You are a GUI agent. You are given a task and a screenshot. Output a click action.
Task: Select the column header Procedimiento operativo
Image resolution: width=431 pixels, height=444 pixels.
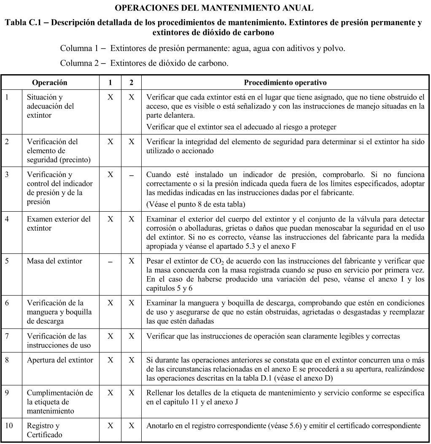pos(285,83)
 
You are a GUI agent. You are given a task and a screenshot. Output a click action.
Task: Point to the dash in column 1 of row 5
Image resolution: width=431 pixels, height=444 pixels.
pos(110,262)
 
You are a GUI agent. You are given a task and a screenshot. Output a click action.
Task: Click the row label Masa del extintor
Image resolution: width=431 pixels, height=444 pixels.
pos(54,261)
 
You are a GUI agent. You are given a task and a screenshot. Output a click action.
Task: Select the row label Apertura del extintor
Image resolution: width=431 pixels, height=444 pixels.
pos(60,360)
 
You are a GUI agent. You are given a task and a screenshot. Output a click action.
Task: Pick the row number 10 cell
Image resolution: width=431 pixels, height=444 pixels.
pos(9,426)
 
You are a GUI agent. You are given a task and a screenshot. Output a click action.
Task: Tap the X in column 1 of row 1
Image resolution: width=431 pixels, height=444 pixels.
pos(110,97)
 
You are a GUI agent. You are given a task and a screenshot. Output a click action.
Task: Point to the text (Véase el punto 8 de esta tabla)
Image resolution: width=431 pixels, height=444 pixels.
pos(195,204)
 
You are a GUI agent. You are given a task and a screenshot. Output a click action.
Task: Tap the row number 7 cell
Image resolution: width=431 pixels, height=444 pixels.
pos(7,336)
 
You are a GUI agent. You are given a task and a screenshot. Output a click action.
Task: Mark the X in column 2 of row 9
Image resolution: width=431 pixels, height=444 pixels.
pos(132,393)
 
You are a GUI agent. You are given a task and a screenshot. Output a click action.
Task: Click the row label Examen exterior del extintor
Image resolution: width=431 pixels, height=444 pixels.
pos(59,223)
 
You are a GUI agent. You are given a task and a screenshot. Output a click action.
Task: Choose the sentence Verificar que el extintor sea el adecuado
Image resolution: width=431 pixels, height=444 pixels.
pos(241,127)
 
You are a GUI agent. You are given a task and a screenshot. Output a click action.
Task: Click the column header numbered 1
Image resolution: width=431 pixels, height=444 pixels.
pos(110,83)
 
